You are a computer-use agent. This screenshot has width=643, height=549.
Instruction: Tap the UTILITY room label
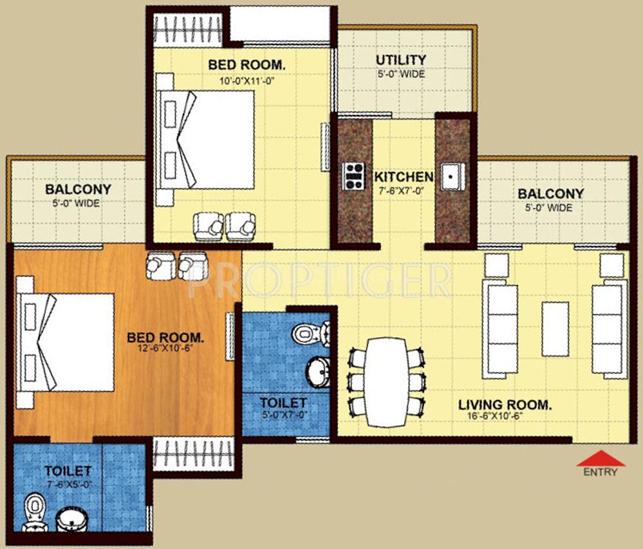click(x=401, y=61)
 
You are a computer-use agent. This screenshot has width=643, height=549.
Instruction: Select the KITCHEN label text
click(x=404, y=177)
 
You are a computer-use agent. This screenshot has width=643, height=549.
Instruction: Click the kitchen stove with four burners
click(x=353, y=175)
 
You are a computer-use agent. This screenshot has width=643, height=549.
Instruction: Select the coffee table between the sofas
click(x=555, y=329)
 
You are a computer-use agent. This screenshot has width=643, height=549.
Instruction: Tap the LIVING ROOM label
click(x=505, y=405)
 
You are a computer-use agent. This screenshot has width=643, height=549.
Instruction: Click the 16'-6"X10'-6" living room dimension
click(x=505, y=416)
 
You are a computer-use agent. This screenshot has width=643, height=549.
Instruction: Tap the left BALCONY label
click(x=78, y=190)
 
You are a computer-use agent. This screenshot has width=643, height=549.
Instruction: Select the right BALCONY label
click(x=551, y=193)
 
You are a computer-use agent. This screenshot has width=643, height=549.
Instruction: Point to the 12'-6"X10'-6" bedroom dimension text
click(x=165, y=348)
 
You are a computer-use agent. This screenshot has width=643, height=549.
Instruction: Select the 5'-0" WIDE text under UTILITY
click(x=401, y=74)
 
